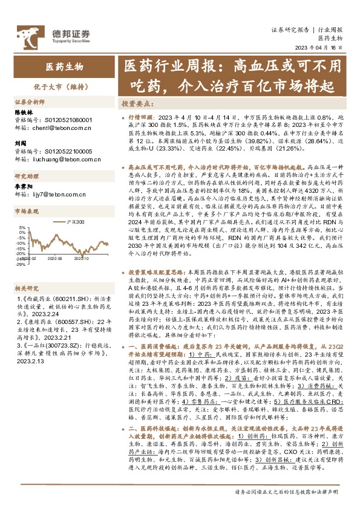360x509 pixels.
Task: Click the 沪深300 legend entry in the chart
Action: coord(75,222)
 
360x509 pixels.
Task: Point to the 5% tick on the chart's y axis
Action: coord(20,229)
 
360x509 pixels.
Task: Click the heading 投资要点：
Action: coord(136,104)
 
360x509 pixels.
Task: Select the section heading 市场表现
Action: coord(27,212)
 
